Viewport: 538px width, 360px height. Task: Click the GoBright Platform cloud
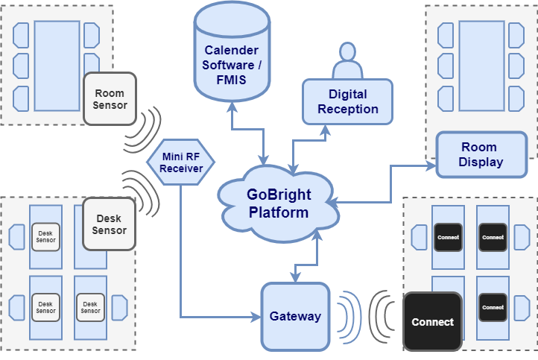coord(277,202)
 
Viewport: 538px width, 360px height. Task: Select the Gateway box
coord(295,315)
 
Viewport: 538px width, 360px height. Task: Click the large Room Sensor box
coord(110,98)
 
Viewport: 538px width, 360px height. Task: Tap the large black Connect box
coord(432,321)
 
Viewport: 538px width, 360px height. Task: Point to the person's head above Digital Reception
coord(347,54)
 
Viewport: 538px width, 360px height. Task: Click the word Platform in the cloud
coord(278,212)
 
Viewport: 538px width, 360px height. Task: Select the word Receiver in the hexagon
coord(181,168)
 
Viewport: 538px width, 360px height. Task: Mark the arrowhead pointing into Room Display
coord(431,166)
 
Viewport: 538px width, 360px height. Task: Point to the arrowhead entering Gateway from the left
coord(256,318)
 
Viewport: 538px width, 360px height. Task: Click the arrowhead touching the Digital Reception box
coord(326,127)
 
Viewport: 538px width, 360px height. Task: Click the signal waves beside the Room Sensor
coord(145,128)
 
